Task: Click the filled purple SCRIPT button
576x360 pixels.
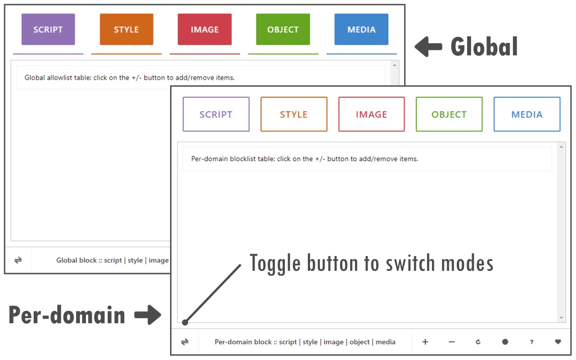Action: (48, 29)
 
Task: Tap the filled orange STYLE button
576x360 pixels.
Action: (126, 29)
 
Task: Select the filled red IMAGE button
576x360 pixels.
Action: (205, 29)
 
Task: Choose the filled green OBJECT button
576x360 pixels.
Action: (283, 29)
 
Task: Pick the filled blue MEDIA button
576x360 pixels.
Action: (361, 29)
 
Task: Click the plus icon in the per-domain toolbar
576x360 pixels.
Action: (425, 342)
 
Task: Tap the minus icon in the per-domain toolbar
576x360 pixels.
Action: (452, 342)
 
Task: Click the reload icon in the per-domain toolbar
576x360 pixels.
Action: (478, 342)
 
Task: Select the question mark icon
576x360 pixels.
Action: (531, 342)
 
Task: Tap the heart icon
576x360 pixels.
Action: (558, 342)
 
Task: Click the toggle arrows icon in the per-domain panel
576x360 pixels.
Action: (185, 342)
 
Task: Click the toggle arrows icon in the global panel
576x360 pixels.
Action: (18, 260)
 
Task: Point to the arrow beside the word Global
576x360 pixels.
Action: (428, 46)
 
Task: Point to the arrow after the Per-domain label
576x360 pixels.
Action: (148, 315)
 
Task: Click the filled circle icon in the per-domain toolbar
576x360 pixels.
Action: (505, 342)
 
